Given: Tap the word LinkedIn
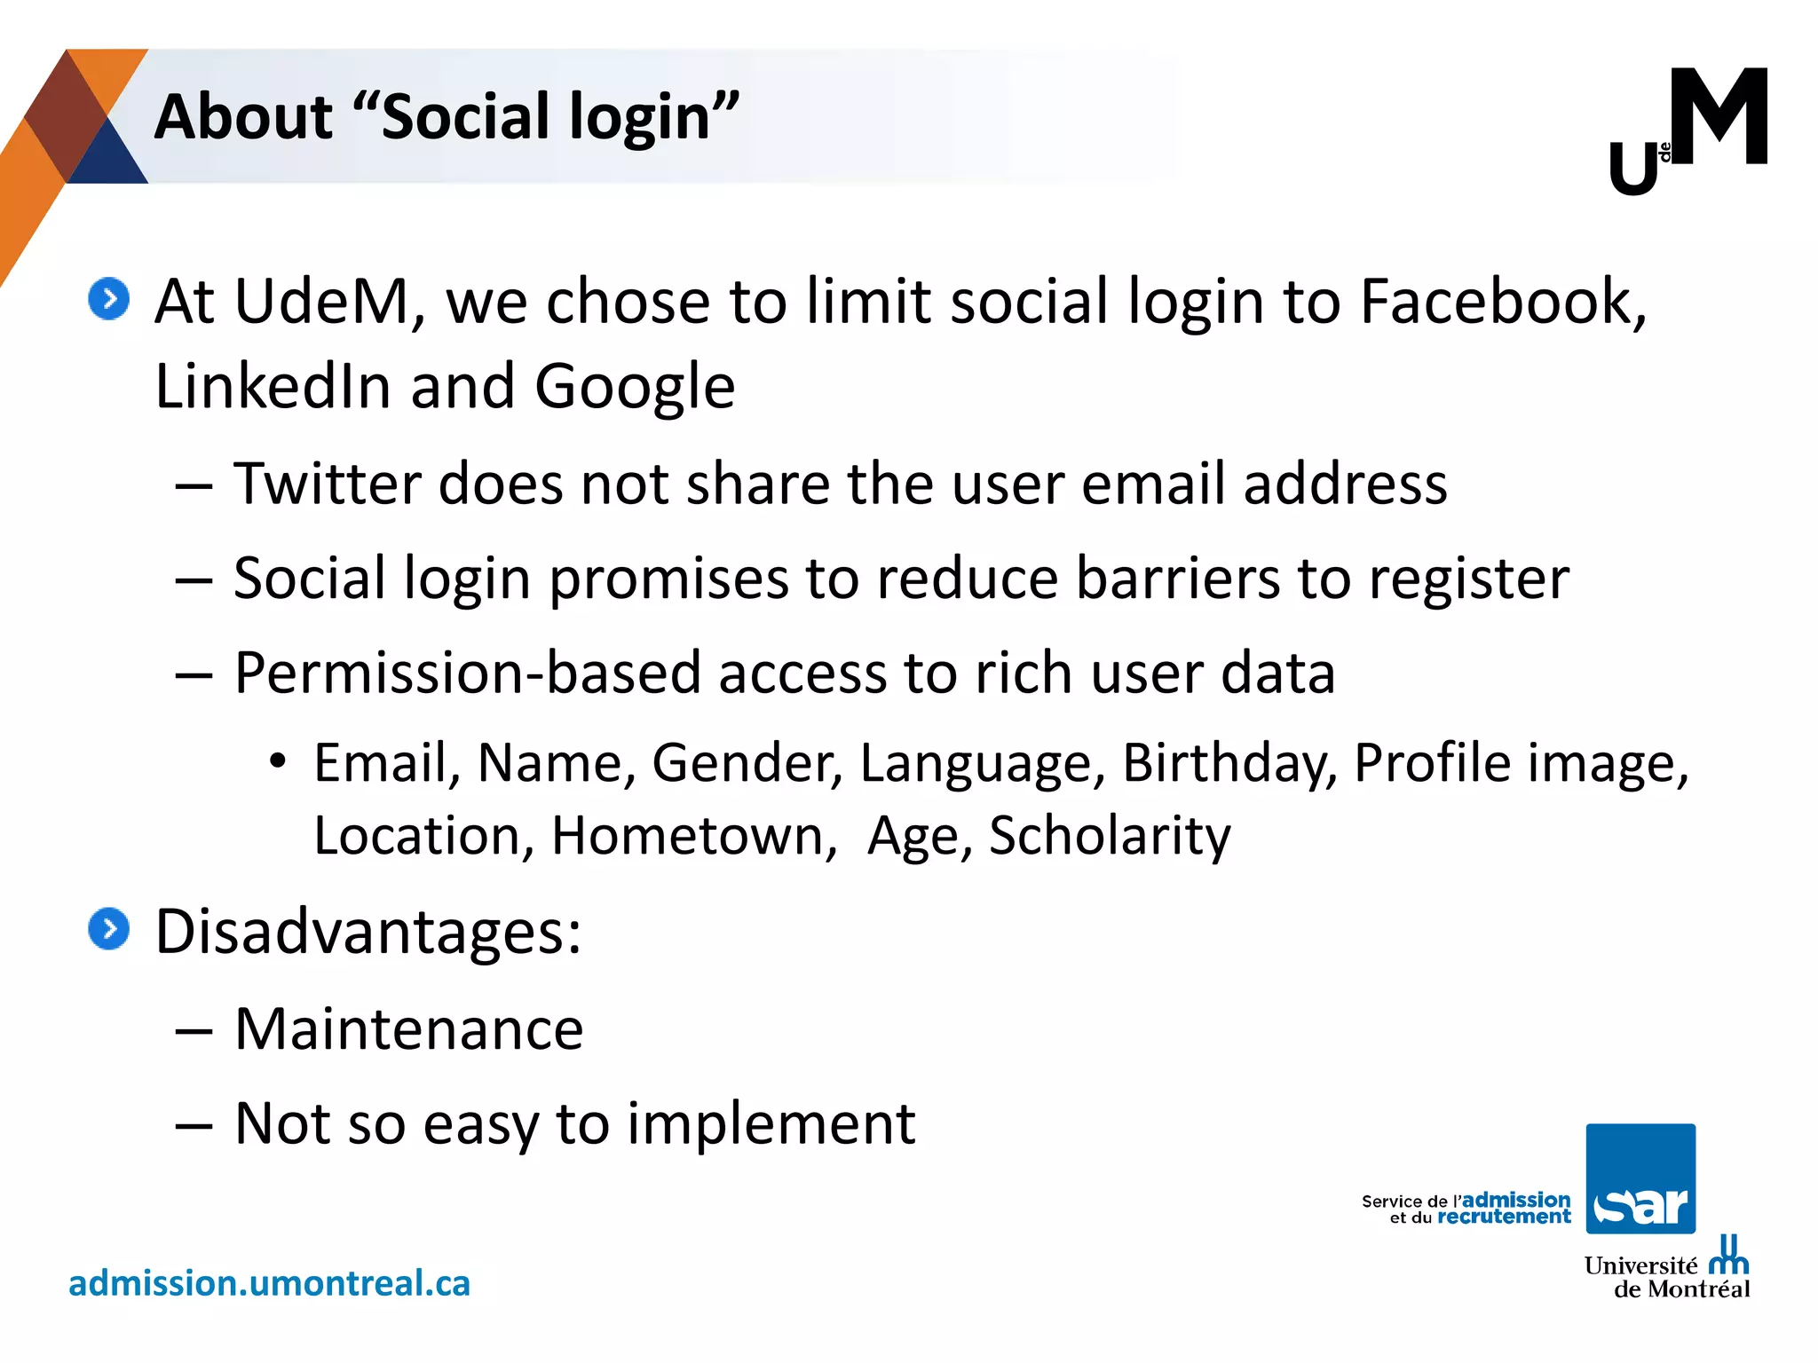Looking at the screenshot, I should coord(273,386).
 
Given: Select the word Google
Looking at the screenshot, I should coord(635,388).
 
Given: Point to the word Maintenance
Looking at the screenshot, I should coord(408,1029).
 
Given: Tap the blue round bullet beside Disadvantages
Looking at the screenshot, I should coord(109,929).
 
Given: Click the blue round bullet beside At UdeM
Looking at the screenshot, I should coord(109,299).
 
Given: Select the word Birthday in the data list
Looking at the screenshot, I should coord(1229,763).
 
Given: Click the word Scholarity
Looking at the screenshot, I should coord(1110,836).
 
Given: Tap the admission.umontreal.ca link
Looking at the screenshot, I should coord(269,1283).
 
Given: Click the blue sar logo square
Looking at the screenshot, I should coord(1640,1178).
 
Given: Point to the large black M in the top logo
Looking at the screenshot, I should coord(1719,116).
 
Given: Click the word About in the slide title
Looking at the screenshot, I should coord(243,116).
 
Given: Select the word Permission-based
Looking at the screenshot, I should coord(468,673).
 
